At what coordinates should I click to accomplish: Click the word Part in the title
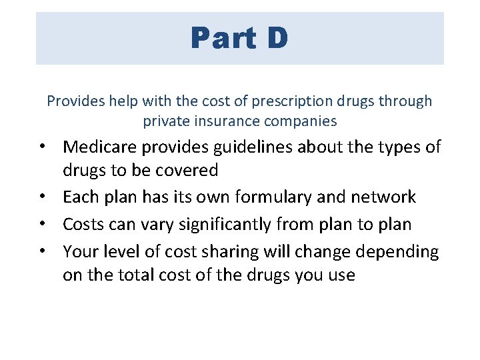[x=222, y=38]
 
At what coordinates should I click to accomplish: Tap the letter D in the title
[x=278, y=38]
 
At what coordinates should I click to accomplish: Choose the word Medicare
[x=101, y=147]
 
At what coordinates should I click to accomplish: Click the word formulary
[x=257, y=197]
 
